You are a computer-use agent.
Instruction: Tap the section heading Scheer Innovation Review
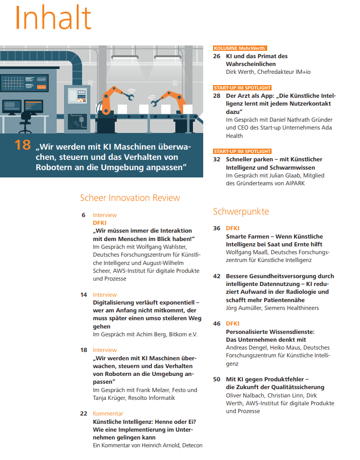pyautogui.click(x=130, y=197)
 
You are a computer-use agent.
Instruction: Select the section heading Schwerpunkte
pyautogui.click(x=241, y=211)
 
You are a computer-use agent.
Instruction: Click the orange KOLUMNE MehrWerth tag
pyautogui.click(x=239, y=48)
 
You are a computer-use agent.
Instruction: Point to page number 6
pyautogui.click(x=84, y=215)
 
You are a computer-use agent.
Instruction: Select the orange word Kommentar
pyautogui.click(x=108, y=414)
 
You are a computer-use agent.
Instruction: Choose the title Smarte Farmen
pyautogui.click(x=246, y=237)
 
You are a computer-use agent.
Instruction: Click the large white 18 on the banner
pyautogui.click(x=23, y=145)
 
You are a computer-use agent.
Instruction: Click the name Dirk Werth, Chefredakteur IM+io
pyautogui.click(x=268, y=72)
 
